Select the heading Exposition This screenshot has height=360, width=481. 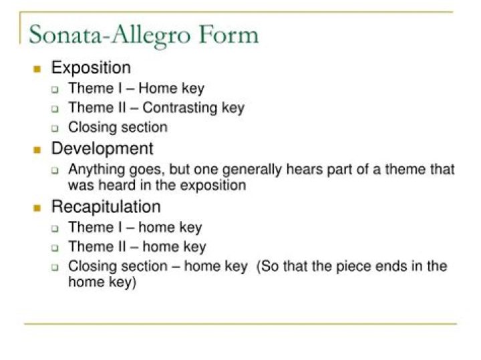pyautogui.click(x=91, y=67)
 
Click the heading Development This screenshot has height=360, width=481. pyautogui.click(x=102, y=148)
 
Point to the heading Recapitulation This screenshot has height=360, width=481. pyautogui.click(x=106, y=206)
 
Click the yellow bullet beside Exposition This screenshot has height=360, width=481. pyautogui.click(x=37, y=68)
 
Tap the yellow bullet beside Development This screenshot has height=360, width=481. pyautogui.click(x=37, y=149)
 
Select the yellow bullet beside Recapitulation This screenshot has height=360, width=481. pyautogui.click(x=37, y=207)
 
